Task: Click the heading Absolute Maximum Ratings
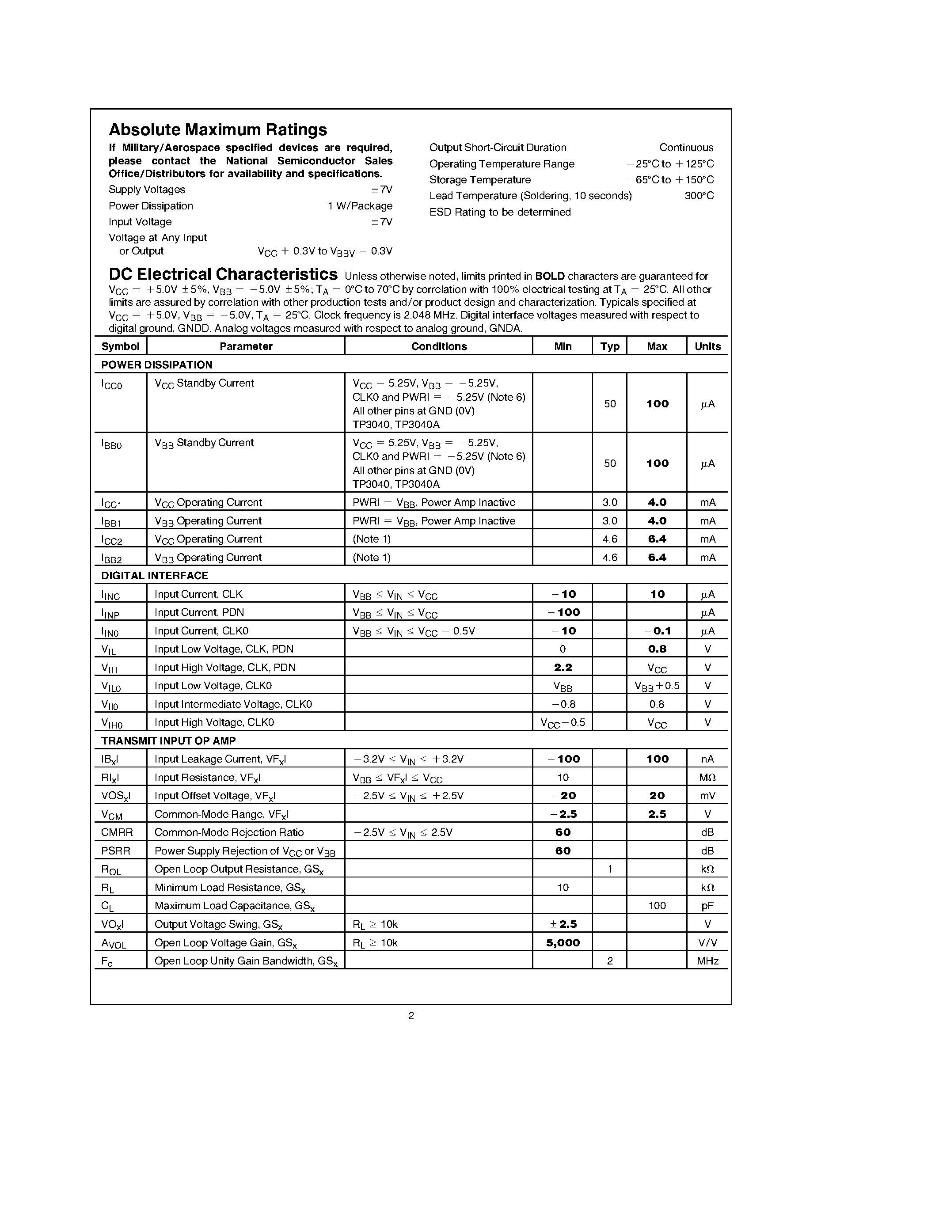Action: (217, 129)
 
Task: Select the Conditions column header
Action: (438, 346)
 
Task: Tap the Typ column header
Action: (610, 346)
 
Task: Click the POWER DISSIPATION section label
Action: (157, 365)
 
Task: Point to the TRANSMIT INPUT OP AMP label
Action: (168, 740)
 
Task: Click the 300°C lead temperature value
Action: (699, 196)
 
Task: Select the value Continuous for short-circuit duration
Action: (686, 148)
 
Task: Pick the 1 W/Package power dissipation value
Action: (360, 206)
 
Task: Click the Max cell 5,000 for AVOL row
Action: (563, 942)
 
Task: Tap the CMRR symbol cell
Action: (117, 832)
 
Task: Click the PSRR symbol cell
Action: (116, 850)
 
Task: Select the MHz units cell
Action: (707, 961)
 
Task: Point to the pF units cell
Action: (707, 906)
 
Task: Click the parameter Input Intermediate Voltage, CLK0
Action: (233, 704)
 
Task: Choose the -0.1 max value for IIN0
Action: (657, 631)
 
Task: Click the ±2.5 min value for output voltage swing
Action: (563, 924)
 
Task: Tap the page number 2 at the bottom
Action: (411, 1015)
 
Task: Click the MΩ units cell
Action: (707, 778)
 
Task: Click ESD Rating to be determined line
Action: (499, 212)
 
